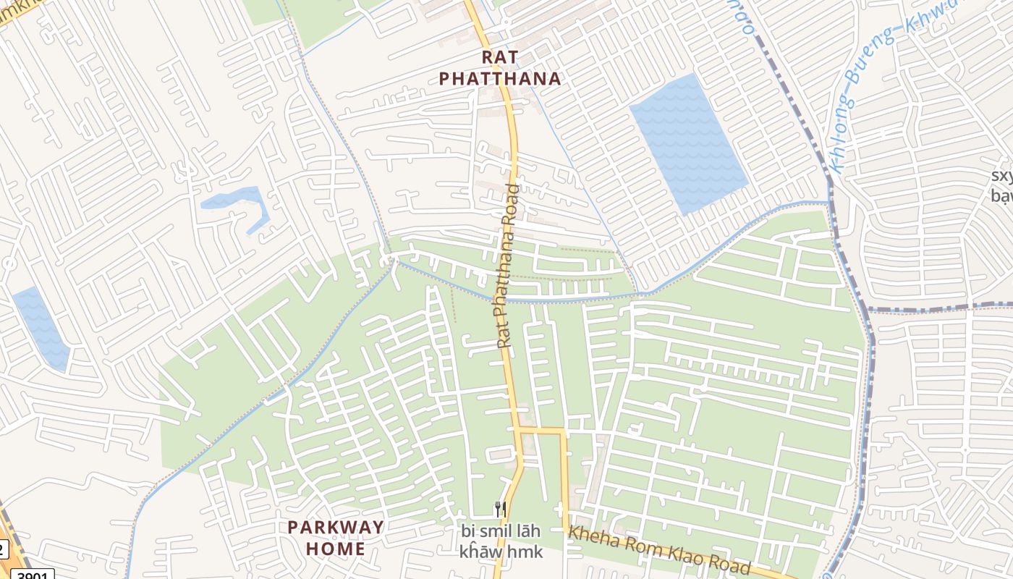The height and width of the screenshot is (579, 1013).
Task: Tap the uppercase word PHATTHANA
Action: point(501,79)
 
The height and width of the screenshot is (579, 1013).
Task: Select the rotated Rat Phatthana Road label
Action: point(508,266)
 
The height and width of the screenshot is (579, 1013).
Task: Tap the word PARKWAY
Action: point(336,527)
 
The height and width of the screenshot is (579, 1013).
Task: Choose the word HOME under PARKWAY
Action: point(336,549)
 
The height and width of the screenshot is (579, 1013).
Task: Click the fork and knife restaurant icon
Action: point(500,509)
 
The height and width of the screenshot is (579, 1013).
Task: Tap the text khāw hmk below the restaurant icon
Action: point(500,552)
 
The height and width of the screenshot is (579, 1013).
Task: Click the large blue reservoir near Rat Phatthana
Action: point(688,144)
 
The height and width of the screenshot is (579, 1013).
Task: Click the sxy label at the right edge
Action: point(1001,177)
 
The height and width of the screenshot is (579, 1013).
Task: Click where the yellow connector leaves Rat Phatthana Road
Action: point(520,430)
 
